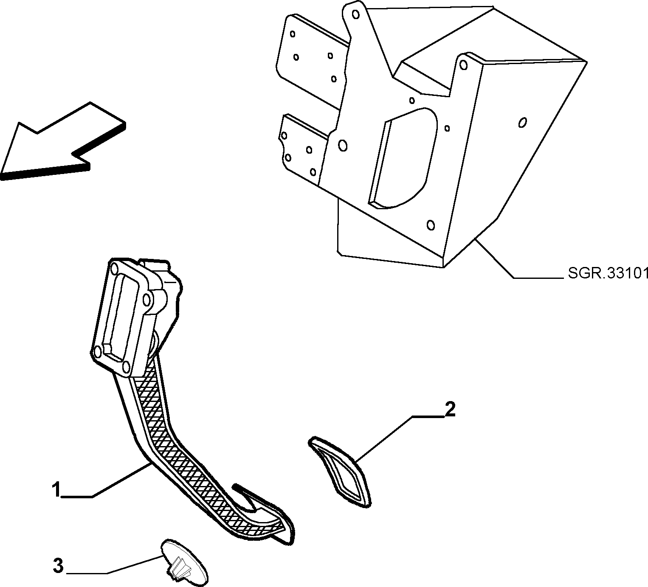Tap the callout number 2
(450, 410)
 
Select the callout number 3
(58, 566)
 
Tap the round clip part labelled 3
(184, 565)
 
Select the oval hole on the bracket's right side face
(523, 123)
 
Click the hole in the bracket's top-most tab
(355, 14)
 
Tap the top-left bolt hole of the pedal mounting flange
(114, 269)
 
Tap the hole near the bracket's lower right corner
(431, 225)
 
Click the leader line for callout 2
(400, 438)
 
